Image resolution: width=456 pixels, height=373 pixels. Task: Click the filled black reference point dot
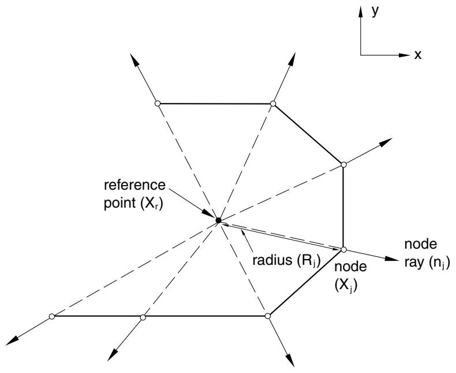218,220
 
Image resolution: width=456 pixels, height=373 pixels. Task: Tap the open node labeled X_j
343,249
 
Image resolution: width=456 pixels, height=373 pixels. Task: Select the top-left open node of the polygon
158,103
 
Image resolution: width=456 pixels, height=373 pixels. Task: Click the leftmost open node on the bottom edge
52,316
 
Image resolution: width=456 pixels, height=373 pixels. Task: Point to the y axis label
375,11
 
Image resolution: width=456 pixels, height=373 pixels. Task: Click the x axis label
417,54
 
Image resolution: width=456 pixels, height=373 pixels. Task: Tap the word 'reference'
134,185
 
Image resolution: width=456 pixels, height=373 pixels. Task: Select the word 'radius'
272,260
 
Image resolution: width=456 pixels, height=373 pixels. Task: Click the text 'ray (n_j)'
427,263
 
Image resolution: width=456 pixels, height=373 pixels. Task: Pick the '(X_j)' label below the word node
346,286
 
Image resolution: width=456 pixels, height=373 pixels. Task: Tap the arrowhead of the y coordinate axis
361,12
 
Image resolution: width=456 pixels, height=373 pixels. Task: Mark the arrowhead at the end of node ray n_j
391,258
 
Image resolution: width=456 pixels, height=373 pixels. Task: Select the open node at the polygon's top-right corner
273,104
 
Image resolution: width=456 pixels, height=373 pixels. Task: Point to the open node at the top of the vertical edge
343,165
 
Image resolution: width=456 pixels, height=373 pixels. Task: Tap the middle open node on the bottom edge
143,317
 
